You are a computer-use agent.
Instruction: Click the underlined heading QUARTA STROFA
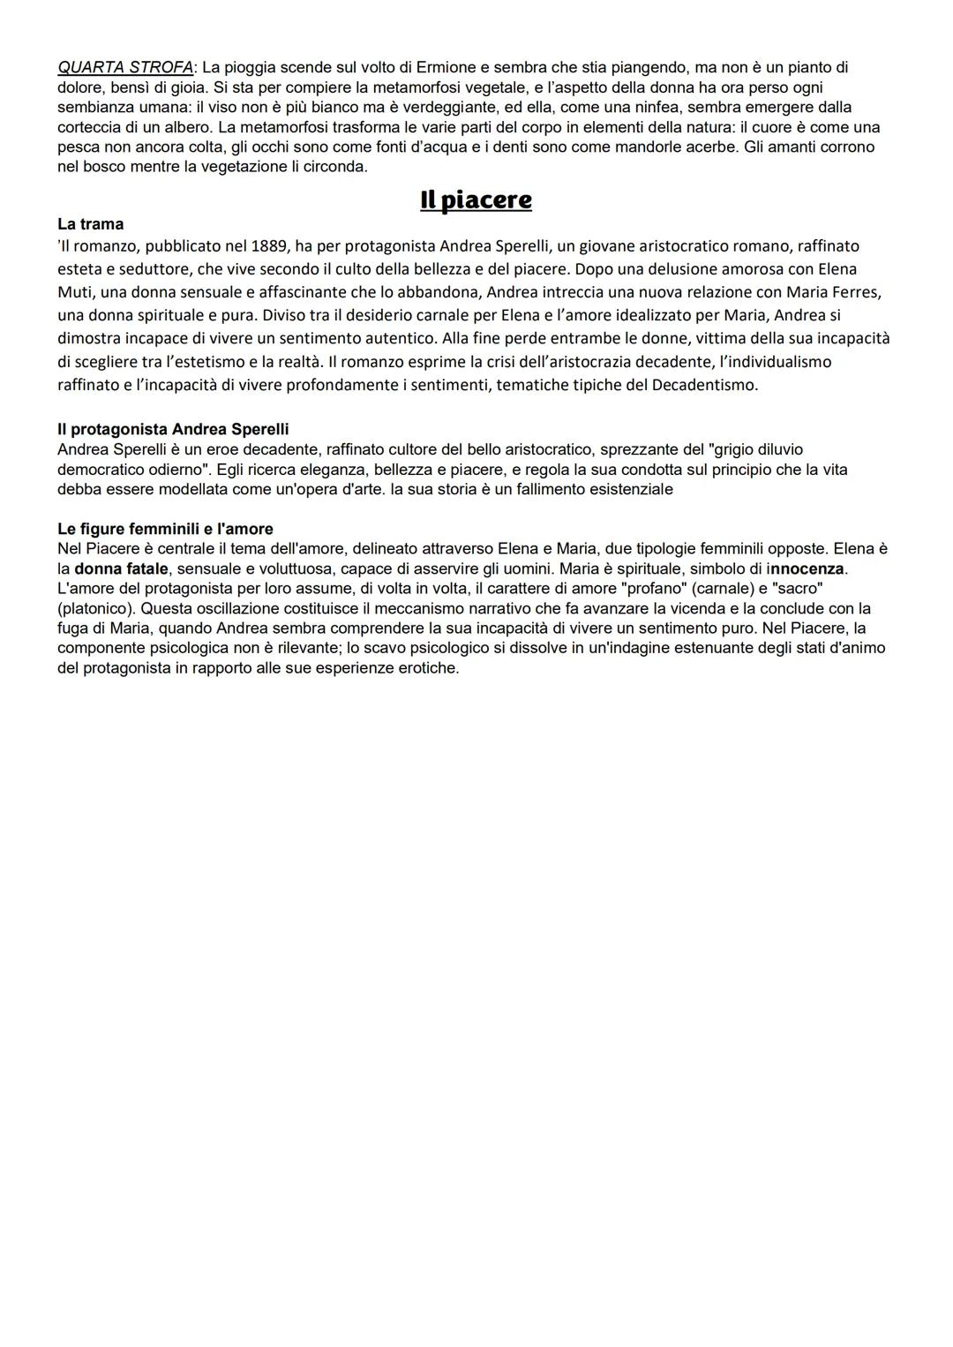pyautogui.click(x=124, y=67)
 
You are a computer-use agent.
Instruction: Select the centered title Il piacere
pyautogui.click(x=476, y=200)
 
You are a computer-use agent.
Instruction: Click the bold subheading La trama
pyautogui.click(x=91, y=224)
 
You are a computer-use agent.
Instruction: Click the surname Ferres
pyautogui.click(x=859, y=292)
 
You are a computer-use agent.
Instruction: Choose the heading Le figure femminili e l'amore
pyautogui.click(x=165, y=529)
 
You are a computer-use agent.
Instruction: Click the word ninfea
pyautogui.click(x=652, y=107)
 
